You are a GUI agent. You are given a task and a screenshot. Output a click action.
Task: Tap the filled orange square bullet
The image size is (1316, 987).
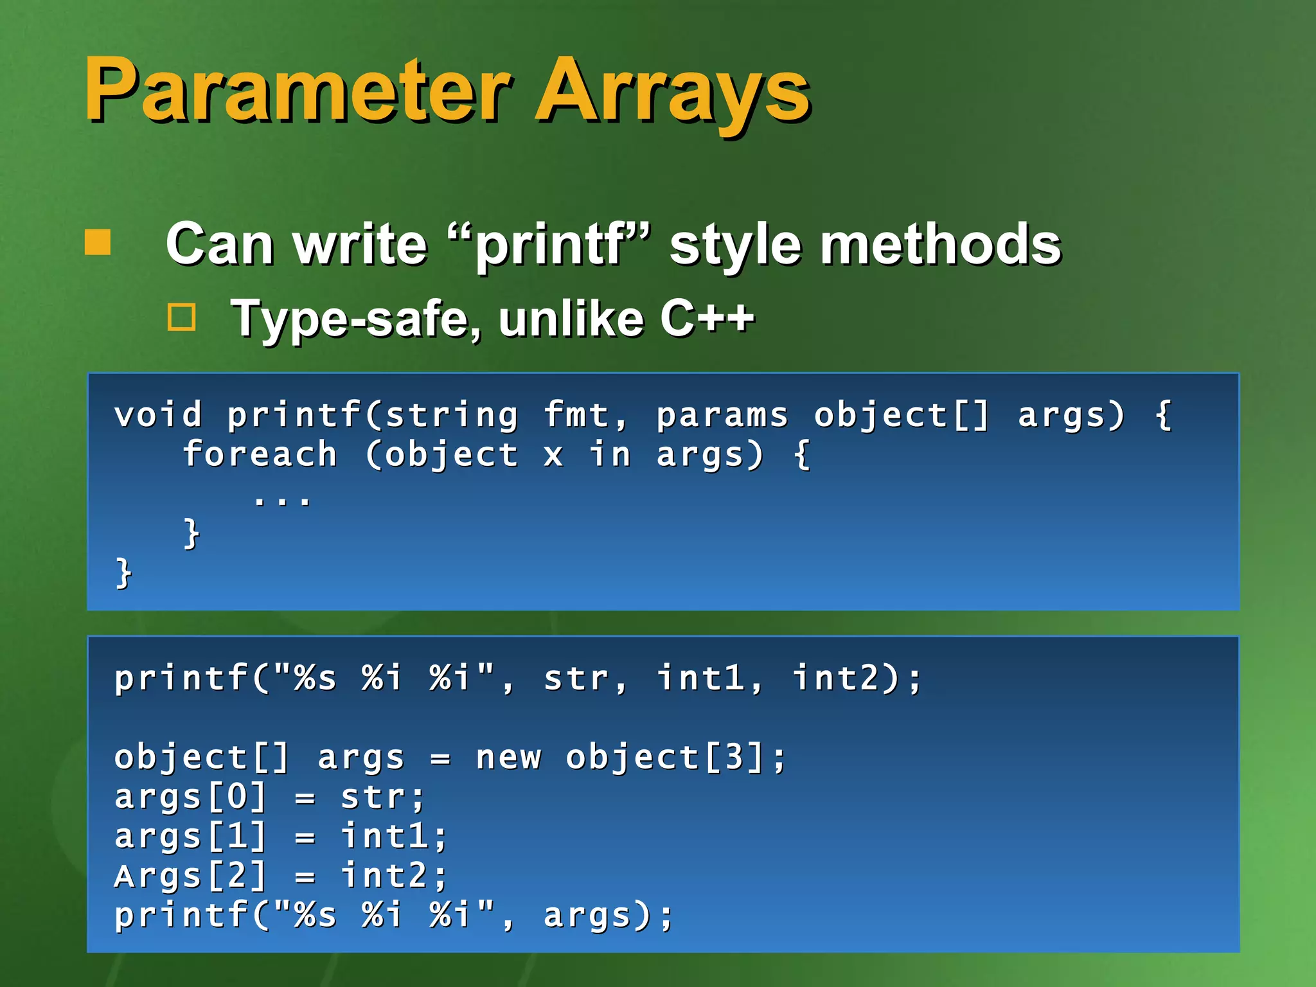pyautogui.click(x=98, y=243)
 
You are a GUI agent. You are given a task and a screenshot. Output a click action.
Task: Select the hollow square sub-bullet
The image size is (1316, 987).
pyautogui.click(x=182, y=317)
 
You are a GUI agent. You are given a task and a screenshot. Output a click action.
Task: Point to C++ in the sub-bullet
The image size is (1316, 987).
pyautogui.click(x=707, y=318)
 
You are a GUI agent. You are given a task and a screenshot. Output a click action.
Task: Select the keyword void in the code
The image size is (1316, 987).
pyautogui.click(x=158, y=414)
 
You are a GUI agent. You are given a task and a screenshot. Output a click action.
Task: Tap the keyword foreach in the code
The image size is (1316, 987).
pyautogui.click(x=260, y=455)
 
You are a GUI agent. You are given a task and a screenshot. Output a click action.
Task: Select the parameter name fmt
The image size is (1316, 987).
pyautogui.click(x=576, y=414)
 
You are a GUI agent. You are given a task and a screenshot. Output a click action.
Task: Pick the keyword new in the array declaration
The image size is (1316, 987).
pyautogui.click(x=508, y=758)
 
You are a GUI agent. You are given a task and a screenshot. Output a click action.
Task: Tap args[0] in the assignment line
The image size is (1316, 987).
pyautogui.click(x=191, y=797)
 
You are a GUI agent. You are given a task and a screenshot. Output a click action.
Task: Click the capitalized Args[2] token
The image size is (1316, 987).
pyautogui.click(x=191, y=876)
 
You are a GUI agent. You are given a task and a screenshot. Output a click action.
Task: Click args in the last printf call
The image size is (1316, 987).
pyautogui.click(x=588, y=916)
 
